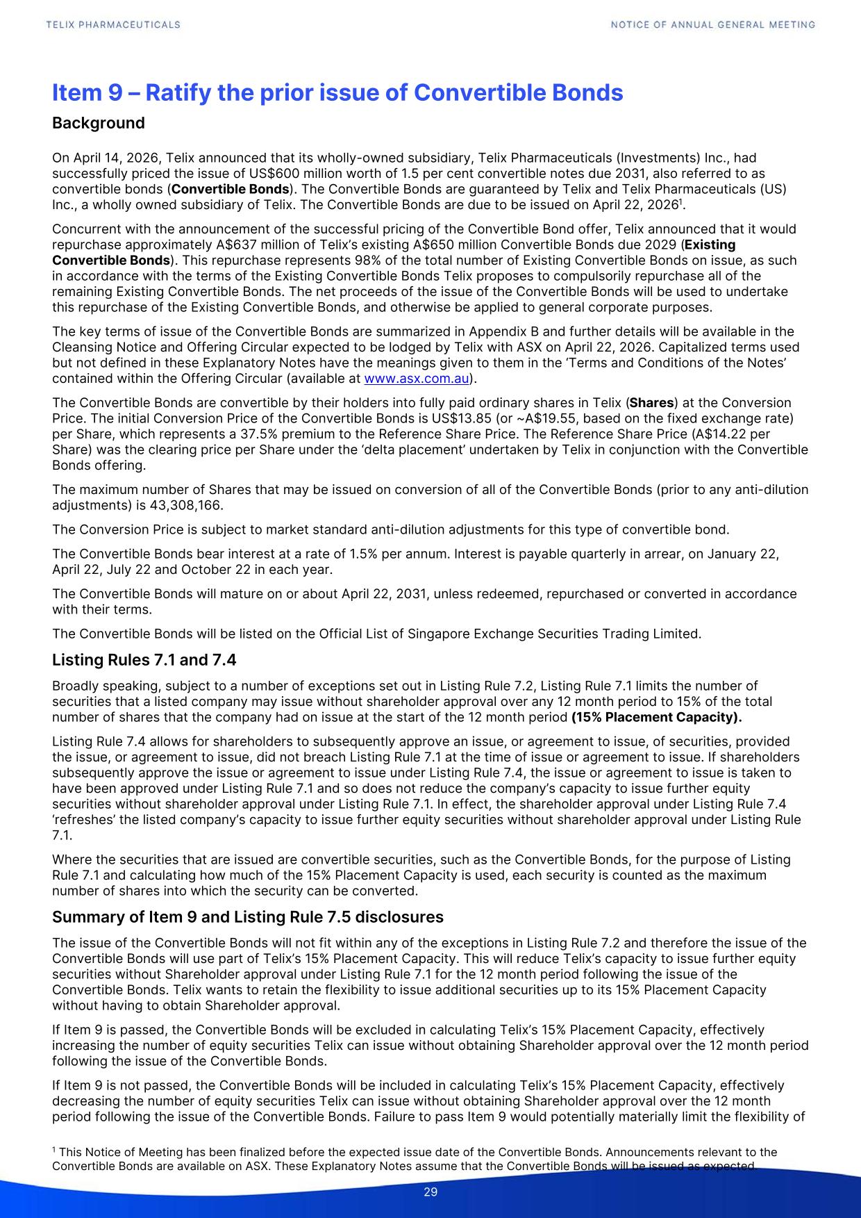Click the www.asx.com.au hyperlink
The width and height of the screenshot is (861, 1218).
[x=417, y=379]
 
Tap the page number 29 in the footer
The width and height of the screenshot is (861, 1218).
[x=430, y=1192]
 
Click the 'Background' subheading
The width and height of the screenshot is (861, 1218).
[x=99, y=123]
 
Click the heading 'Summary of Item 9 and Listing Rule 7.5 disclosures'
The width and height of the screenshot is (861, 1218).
[x=248, y=917]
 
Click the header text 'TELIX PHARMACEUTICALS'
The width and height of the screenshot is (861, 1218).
[x=113, y=24]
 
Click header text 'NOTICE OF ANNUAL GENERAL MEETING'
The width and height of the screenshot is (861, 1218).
[x=713, y=24]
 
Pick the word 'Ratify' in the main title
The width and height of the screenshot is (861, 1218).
[x=176, y=92]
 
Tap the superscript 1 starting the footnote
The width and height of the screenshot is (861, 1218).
[x=55, y=1151]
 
